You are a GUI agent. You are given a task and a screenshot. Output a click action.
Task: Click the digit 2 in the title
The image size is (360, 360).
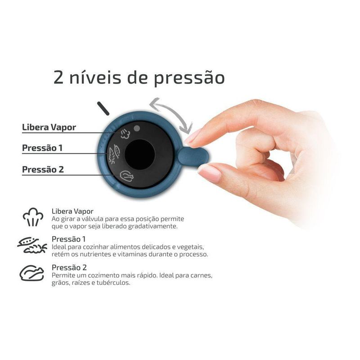[x=59, y=77]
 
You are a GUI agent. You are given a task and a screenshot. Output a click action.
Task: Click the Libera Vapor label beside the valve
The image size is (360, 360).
[x=49, y=127]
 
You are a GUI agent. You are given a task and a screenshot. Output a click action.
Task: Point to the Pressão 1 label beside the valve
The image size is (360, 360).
[x=43, y=148]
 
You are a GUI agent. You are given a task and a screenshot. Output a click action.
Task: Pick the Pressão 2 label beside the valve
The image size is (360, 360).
[x=43, y=170]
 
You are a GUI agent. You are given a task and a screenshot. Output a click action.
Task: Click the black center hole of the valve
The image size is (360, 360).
[x=139, y=154]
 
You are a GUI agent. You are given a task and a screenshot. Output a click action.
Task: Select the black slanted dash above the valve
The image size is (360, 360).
[x=104, y=108]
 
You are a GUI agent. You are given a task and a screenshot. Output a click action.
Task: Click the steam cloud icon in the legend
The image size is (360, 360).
[x=33, y=217]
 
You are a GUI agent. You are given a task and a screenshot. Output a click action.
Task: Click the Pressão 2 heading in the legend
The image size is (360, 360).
[x=70, y=267]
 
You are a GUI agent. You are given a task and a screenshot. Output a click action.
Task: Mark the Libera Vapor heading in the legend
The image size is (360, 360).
[x=72, y=211]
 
